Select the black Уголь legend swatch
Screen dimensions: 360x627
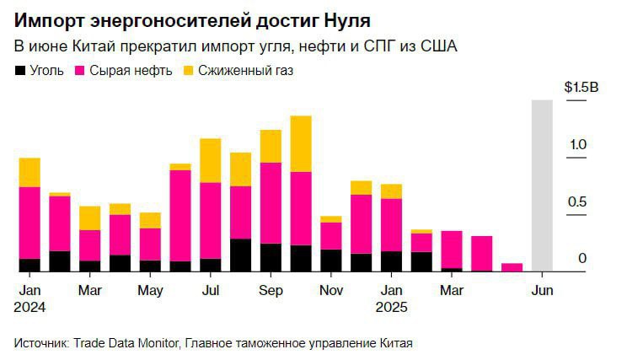[x=20, y=71]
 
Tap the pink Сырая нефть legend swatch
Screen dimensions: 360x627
[x=82, y=71]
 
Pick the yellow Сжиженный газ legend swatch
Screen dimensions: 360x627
[x=189, y=71]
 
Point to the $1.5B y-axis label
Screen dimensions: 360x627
[x=581, y=87]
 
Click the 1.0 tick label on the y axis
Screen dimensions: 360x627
[x=577, y=145]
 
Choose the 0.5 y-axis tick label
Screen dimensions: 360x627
[x=577, y=201]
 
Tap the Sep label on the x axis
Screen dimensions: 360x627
[x=271, y=291]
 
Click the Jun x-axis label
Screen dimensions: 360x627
[x=541, y=291]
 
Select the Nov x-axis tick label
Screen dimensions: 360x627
[x=331, y=291]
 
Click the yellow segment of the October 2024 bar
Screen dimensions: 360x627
[x=301, y=143]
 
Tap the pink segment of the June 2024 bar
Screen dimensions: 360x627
[x=180, y=216]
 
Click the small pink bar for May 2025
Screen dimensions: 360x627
[x=512, y=267]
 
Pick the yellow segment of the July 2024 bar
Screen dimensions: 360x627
[x=211, y=160]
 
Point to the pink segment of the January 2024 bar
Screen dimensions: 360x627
[x=29, y=223]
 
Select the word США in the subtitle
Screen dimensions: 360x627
[x=436, y=46]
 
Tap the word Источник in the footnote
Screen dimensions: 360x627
[x=40, y=343]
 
